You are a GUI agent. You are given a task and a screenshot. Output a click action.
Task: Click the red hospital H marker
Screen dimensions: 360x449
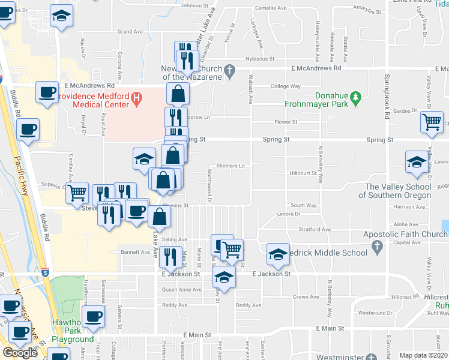coord(137,97)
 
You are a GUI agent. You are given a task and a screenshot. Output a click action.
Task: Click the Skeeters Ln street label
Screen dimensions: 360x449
coord(231,166)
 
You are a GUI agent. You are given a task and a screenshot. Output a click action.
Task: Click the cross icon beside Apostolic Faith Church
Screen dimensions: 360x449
coord(376,245)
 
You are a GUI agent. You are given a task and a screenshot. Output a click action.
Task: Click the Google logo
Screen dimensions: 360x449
coord(20,353)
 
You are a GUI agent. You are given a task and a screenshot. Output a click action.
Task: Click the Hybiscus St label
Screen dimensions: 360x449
coord(259,59)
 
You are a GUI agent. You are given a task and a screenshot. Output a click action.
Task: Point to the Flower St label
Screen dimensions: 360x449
coord(286,122)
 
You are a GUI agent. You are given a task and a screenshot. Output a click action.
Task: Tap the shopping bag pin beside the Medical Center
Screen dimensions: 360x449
coord(178,94)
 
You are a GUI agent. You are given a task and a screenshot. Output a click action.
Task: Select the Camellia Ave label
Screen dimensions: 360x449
coord(271,8)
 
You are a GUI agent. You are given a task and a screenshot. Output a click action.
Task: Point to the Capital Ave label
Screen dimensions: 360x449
coord(408,243)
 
